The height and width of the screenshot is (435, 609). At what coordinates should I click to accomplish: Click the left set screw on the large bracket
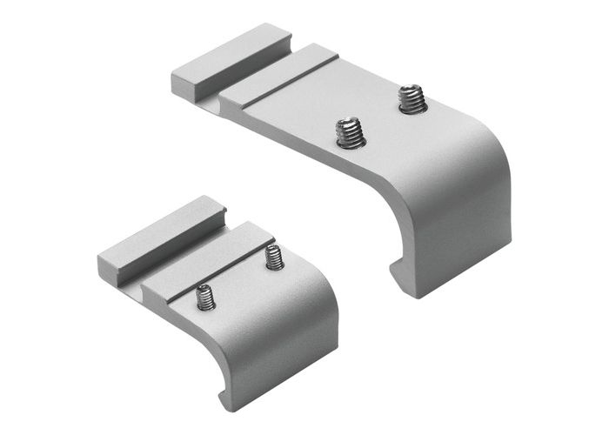(x=350, y=133)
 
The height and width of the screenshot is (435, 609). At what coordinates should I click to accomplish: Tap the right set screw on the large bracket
(x=410, y=97)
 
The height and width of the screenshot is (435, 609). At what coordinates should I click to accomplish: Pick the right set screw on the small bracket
(x=274, y=258)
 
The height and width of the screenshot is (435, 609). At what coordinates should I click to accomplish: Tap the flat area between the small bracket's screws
(x=240, y=278)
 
